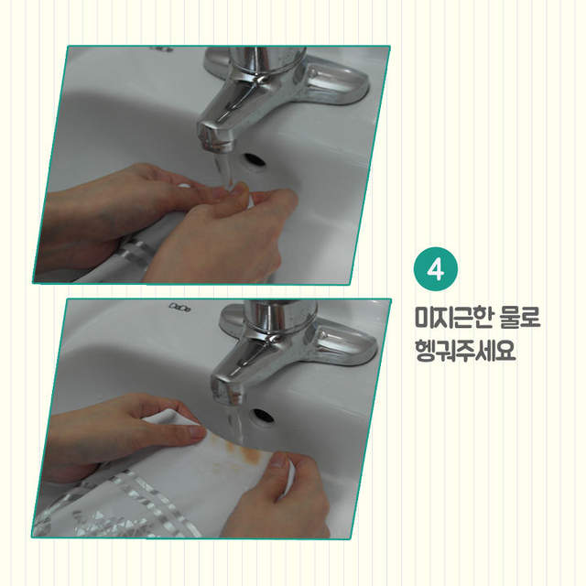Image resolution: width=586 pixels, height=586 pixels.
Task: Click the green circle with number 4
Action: click(x=436, y=268)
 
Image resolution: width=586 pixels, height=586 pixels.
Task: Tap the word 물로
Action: click(x=515, y=318)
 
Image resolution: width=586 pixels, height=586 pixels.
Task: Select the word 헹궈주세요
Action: click(x=465, y=350)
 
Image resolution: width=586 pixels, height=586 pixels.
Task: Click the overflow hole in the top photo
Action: click(x=255, y=160)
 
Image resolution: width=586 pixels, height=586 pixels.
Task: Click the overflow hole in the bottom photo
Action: click(x=263, y=416)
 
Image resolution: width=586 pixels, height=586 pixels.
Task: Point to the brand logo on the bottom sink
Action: click(x=180, y=307)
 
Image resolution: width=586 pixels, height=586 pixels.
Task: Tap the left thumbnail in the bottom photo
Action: click(x=197, y=431)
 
